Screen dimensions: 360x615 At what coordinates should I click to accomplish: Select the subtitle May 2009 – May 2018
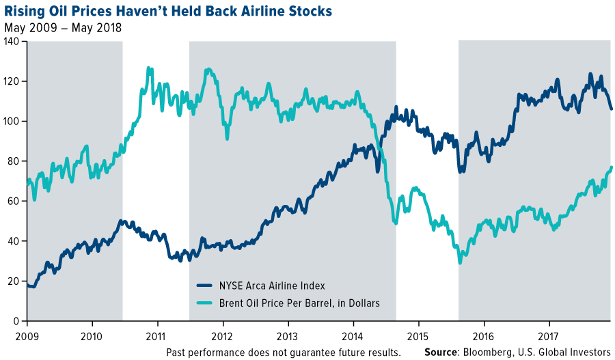click(63, 29)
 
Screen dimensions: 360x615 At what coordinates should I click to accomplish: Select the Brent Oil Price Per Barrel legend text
click(299, 303)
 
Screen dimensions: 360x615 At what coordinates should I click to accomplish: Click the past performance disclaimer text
click(283, 352)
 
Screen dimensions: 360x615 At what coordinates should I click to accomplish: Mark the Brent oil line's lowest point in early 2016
click(460, 262)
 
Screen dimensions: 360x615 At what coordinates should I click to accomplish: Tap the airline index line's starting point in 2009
click(28, 286)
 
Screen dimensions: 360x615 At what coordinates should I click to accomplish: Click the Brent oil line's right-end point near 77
click(611, 167)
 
